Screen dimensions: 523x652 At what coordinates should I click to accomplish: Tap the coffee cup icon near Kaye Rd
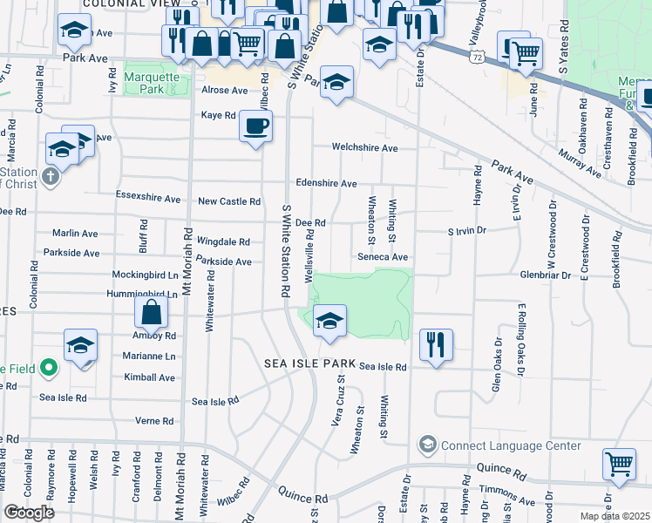(255, 126)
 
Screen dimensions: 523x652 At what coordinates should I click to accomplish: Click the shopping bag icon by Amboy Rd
(151, 311)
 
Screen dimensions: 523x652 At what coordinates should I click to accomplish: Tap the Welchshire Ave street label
(364, 148)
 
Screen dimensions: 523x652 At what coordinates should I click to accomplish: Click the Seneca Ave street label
(382, 257)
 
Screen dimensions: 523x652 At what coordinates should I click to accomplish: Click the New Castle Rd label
(229, 201)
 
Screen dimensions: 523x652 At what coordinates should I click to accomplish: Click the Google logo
(29, 513)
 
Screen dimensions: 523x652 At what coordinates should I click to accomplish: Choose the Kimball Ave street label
(149, 377)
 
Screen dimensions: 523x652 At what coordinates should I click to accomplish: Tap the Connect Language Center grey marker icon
(427, 445)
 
